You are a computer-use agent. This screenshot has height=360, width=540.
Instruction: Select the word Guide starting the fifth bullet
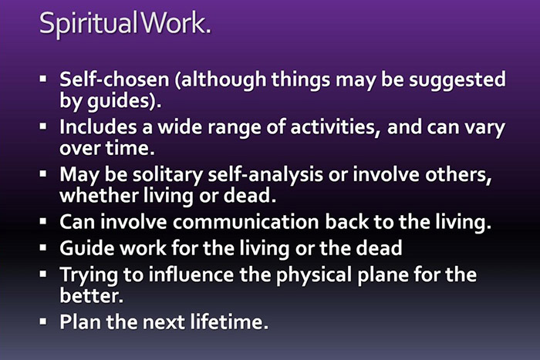(x=83, y=250)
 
